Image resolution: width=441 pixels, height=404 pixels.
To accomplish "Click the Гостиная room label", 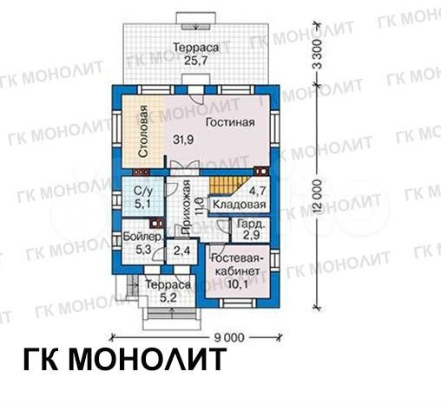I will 230,122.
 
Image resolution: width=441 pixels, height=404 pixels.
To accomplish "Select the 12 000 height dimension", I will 319,202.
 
